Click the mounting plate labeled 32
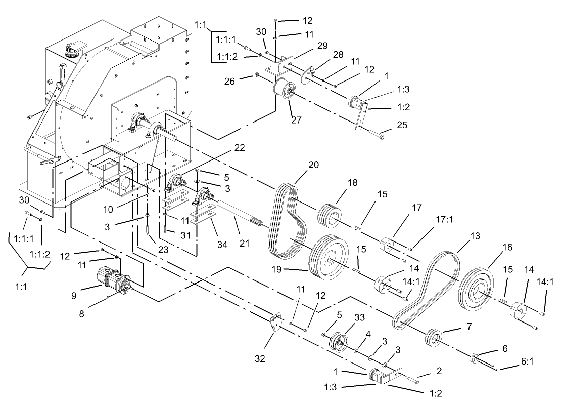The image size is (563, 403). (275, 323)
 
